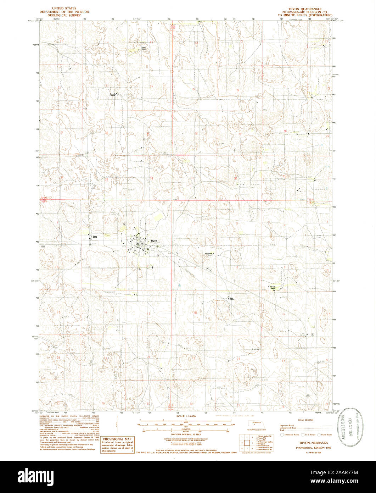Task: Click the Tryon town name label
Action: pyautogui.click(x=153, y=240)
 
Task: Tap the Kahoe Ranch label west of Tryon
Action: pyautogui.click(x=95, y=237)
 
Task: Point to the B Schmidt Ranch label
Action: pyautogui.click(x=272, y=287)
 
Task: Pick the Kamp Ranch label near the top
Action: pyautogui.click(x=144, y=48)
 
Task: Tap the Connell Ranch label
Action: pyautogui.click(x=112, y=95)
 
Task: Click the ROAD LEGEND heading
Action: pyautogui.click(x=305, y=420)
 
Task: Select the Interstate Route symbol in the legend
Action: pyautogui.click(x=282, y=434)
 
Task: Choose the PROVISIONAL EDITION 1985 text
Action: pyautogui.click(x=305, y=448)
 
